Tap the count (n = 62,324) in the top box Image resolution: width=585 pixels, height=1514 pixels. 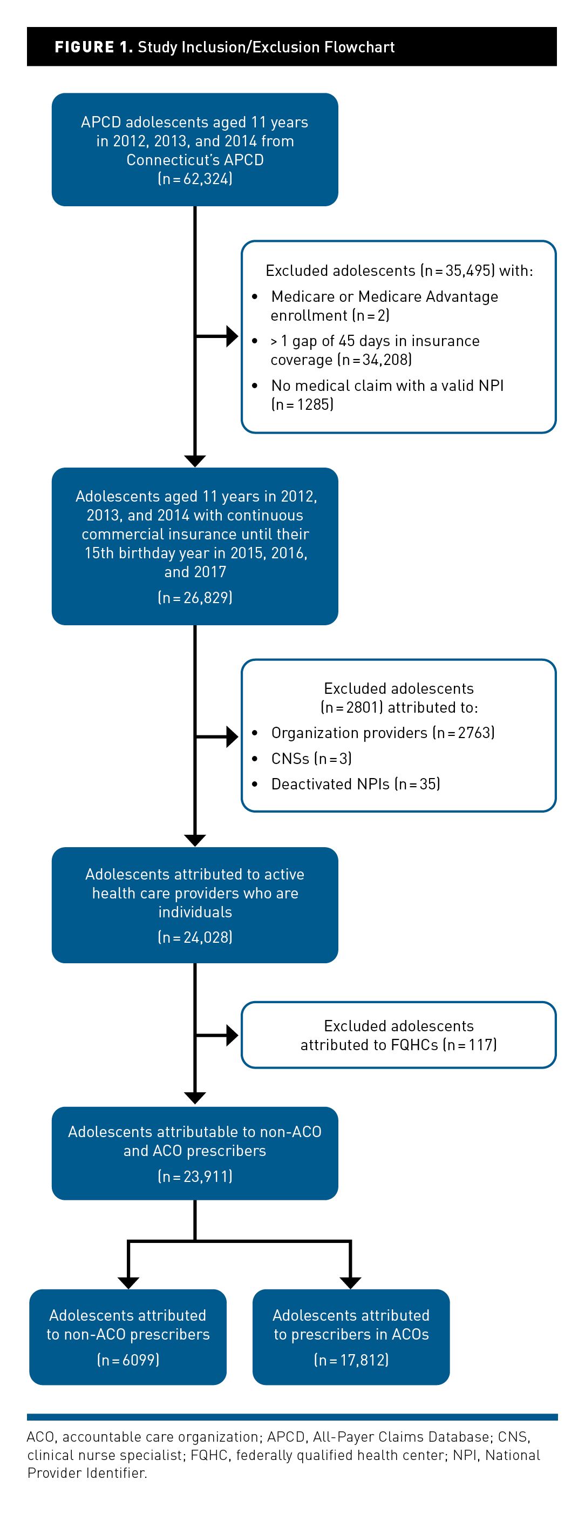(195, 179)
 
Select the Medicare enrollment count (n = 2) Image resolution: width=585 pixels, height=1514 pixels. (371, 316)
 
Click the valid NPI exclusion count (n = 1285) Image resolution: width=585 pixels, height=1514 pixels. (303, 404)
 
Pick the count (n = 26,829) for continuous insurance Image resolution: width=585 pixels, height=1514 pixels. (195, 598)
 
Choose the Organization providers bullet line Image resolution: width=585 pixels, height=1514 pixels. (383, 733)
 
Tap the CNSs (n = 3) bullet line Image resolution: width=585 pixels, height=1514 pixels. (311, 759)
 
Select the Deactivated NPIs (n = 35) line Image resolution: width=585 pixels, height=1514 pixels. (355, 784)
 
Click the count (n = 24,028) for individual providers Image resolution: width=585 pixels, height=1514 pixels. (195, 937)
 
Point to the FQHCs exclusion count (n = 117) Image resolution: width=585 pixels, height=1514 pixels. (470, 1045)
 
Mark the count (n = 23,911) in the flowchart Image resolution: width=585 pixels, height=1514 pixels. (195, 1176)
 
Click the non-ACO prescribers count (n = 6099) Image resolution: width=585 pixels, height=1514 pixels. (128, 1360)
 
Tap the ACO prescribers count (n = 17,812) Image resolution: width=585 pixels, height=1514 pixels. (351, 1360)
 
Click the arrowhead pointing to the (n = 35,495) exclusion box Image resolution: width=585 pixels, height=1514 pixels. (232, 337)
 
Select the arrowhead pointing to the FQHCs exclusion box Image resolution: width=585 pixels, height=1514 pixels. (232, 1036)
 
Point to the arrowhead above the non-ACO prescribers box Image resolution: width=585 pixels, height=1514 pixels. (128, 1283)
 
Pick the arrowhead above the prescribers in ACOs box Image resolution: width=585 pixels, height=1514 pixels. (351, 1283)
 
